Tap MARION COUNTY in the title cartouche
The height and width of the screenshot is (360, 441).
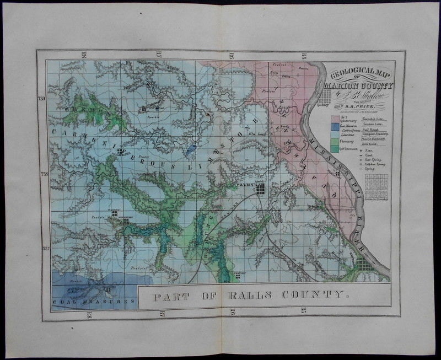pyautogui.click(x=359, y=85)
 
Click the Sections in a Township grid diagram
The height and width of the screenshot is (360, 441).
pyautogui.click(x=377, y=186)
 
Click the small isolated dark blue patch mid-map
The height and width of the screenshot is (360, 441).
pyautogui.click(x=191, y=151)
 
